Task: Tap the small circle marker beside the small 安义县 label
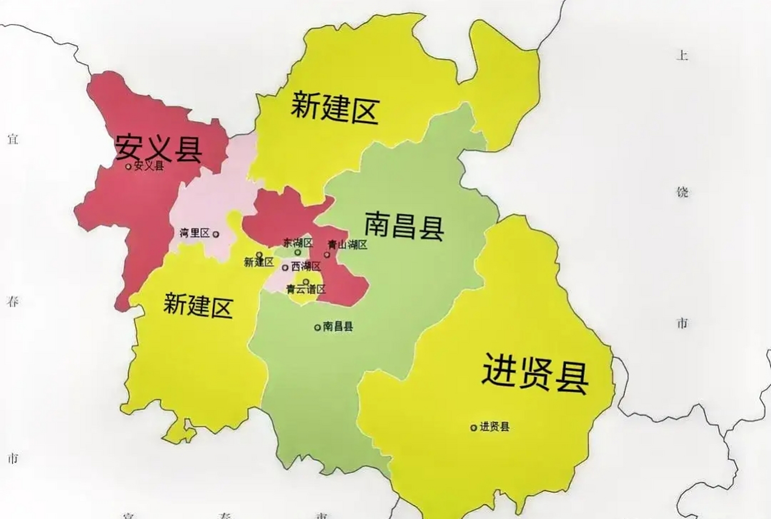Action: point(129,166)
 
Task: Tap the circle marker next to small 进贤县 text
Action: point(473,427)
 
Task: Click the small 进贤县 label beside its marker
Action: point(495,427)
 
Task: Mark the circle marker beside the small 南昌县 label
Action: point(317,327)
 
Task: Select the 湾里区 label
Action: point(194,233)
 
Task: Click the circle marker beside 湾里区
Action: point(216,234)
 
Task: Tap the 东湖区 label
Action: point(298,243)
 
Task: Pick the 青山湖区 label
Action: point(348,244)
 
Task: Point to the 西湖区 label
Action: point(306,266)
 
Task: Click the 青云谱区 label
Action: point(306,290)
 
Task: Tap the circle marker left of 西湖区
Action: point(285,268)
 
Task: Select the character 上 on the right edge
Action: point(682,55)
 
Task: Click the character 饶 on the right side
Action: point(682,192)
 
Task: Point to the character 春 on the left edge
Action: point(13,302)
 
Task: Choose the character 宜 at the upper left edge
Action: point(13,139)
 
